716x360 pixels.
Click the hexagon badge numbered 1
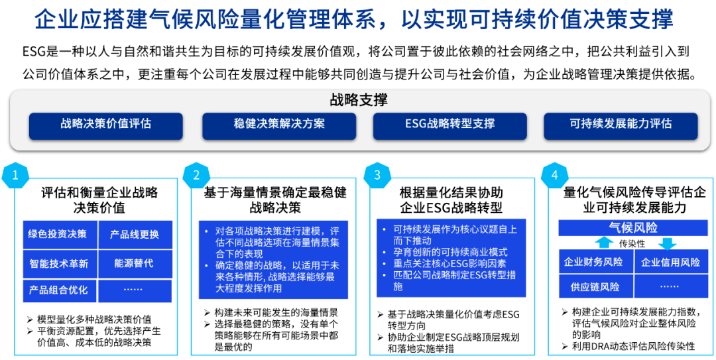[x=15, y=175]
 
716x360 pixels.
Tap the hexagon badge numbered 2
[x=196, y=175]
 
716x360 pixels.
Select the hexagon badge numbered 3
[x=378, y=175]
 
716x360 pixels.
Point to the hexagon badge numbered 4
[x=554, y=175]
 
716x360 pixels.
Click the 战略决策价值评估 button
[x=106, y=124]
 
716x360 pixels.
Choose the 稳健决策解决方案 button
[x=279, y=124]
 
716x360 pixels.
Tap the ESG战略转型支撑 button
[x=450, y=124]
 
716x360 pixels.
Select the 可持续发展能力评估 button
[x=621, y=124]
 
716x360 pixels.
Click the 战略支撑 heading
[x=359, y=100]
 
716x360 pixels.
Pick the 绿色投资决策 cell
[x=58, y=234]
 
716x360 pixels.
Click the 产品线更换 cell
[x=135, y=234]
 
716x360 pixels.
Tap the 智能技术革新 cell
[x=58, y=263]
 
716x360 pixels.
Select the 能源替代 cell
[x=135, y=263]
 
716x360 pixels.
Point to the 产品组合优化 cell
[x=58, y=290]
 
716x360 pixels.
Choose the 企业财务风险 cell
[x=593, y=262]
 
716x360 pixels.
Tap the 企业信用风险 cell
[x=670, y=262]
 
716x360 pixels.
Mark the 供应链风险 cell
[x=593, y=287]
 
